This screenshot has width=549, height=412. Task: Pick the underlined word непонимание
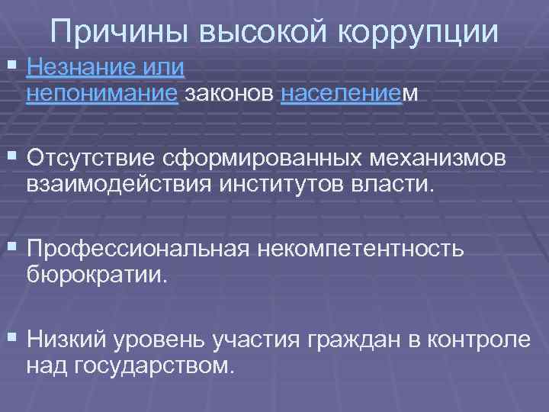pyautogui.click(x=102, y=93)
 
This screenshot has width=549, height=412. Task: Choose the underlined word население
pyautogui.click(x=340, y=93)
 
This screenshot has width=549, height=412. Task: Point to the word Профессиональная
pyautogui.click(x=136, y=249)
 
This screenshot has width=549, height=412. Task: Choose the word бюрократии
pyautogui.click(x=95, y=273)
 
